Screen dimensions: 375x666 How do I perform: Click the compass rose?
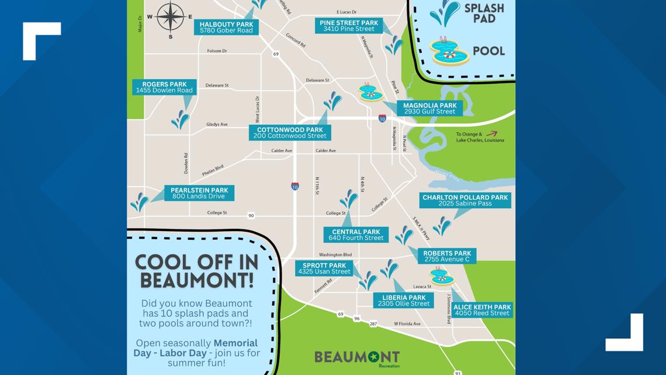click(x=171, y=17)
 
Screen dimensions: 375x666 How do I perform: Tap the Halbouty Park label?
click(x=226, y=27)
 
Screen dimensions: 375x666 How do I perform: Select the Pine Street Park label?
click(x=349, y=26)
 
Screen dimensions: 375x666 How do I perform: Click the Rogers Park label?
click(x=164, y=87)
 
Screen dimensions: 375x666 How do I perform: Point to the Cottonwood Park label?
click(x=290, y=133)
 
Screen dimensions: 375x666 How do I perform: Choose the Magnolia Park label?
click(x=429, y=108)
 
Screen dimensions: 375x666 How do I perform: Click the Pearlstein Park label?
click(x=199, y=193)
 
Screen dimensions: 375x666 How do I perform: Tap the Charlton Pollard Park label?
click(x=465, y=200)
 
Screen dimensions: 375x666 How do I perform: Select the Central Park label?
click(x=356, y=235)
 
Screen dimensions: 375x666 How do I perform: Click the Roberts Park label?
click(x=446, y=256)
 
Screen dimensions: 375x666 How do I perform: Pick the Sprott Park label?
click(x=324, y=269)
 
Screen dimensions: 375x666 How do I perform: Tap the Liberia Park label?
click(x=404, y=301)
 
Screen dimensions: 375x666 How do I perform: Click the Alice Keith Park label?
click(x=482, y=310)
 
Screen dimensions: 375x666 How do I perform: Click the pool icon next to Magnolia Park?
click(x=370, y=93)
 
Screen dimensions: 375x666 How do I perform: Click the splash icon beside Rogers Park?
click(x=180, y=119)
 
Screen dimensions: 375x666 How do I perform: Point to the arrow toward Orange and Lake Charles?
click(x=491, y=134)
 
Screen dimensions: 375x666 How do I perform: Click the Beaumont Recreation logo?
click(x=357, y=357)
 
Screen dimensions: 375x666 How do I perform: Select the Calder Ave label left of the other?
click(x=282, y=150)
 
